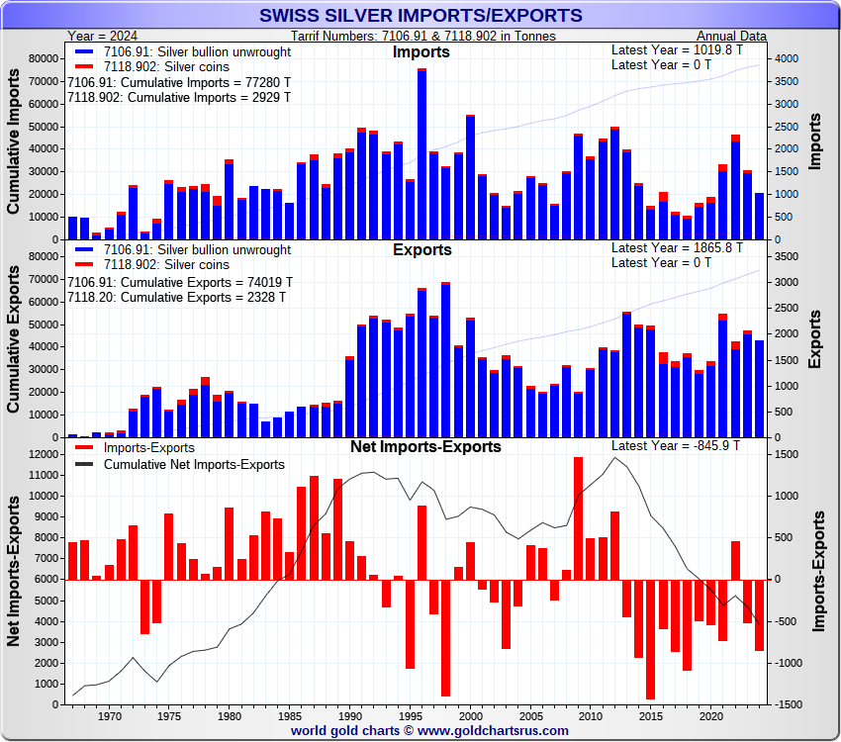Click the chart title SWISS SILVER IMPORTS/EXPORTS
(420, 16)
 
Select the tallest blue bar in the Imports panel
(422, 154)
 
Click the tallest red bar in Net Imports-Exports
(578, 518)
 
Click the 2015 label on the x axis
(650, 715)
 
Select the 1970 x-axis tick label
(110, 715)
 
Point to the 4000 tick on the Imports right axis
(784, 58)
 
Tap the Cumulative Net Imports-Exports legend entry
(193, 464)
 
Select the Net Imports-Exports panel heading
(425, 446)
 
